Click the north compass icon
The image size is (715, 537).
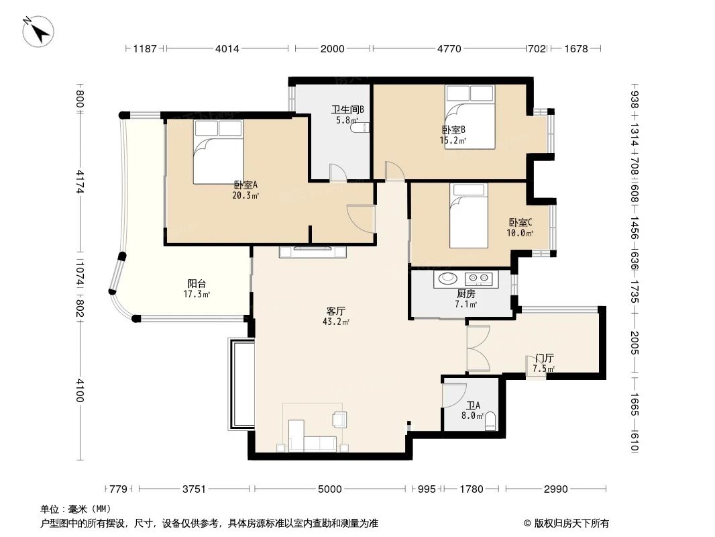point(38,31)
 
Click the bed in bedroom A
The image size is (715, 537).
point(218,152)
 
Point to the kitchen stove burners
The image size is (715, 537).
point(479,277)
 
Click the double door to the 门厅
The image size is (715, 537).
point(479,349)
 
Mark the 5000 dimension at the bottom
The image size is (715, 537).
point(330,489)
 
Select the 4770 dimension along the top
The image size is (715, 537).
point(449,48)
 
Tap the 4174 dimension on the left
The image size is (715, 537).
point(79,182)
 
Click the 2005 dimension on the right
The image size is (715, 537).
point(635,343)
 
